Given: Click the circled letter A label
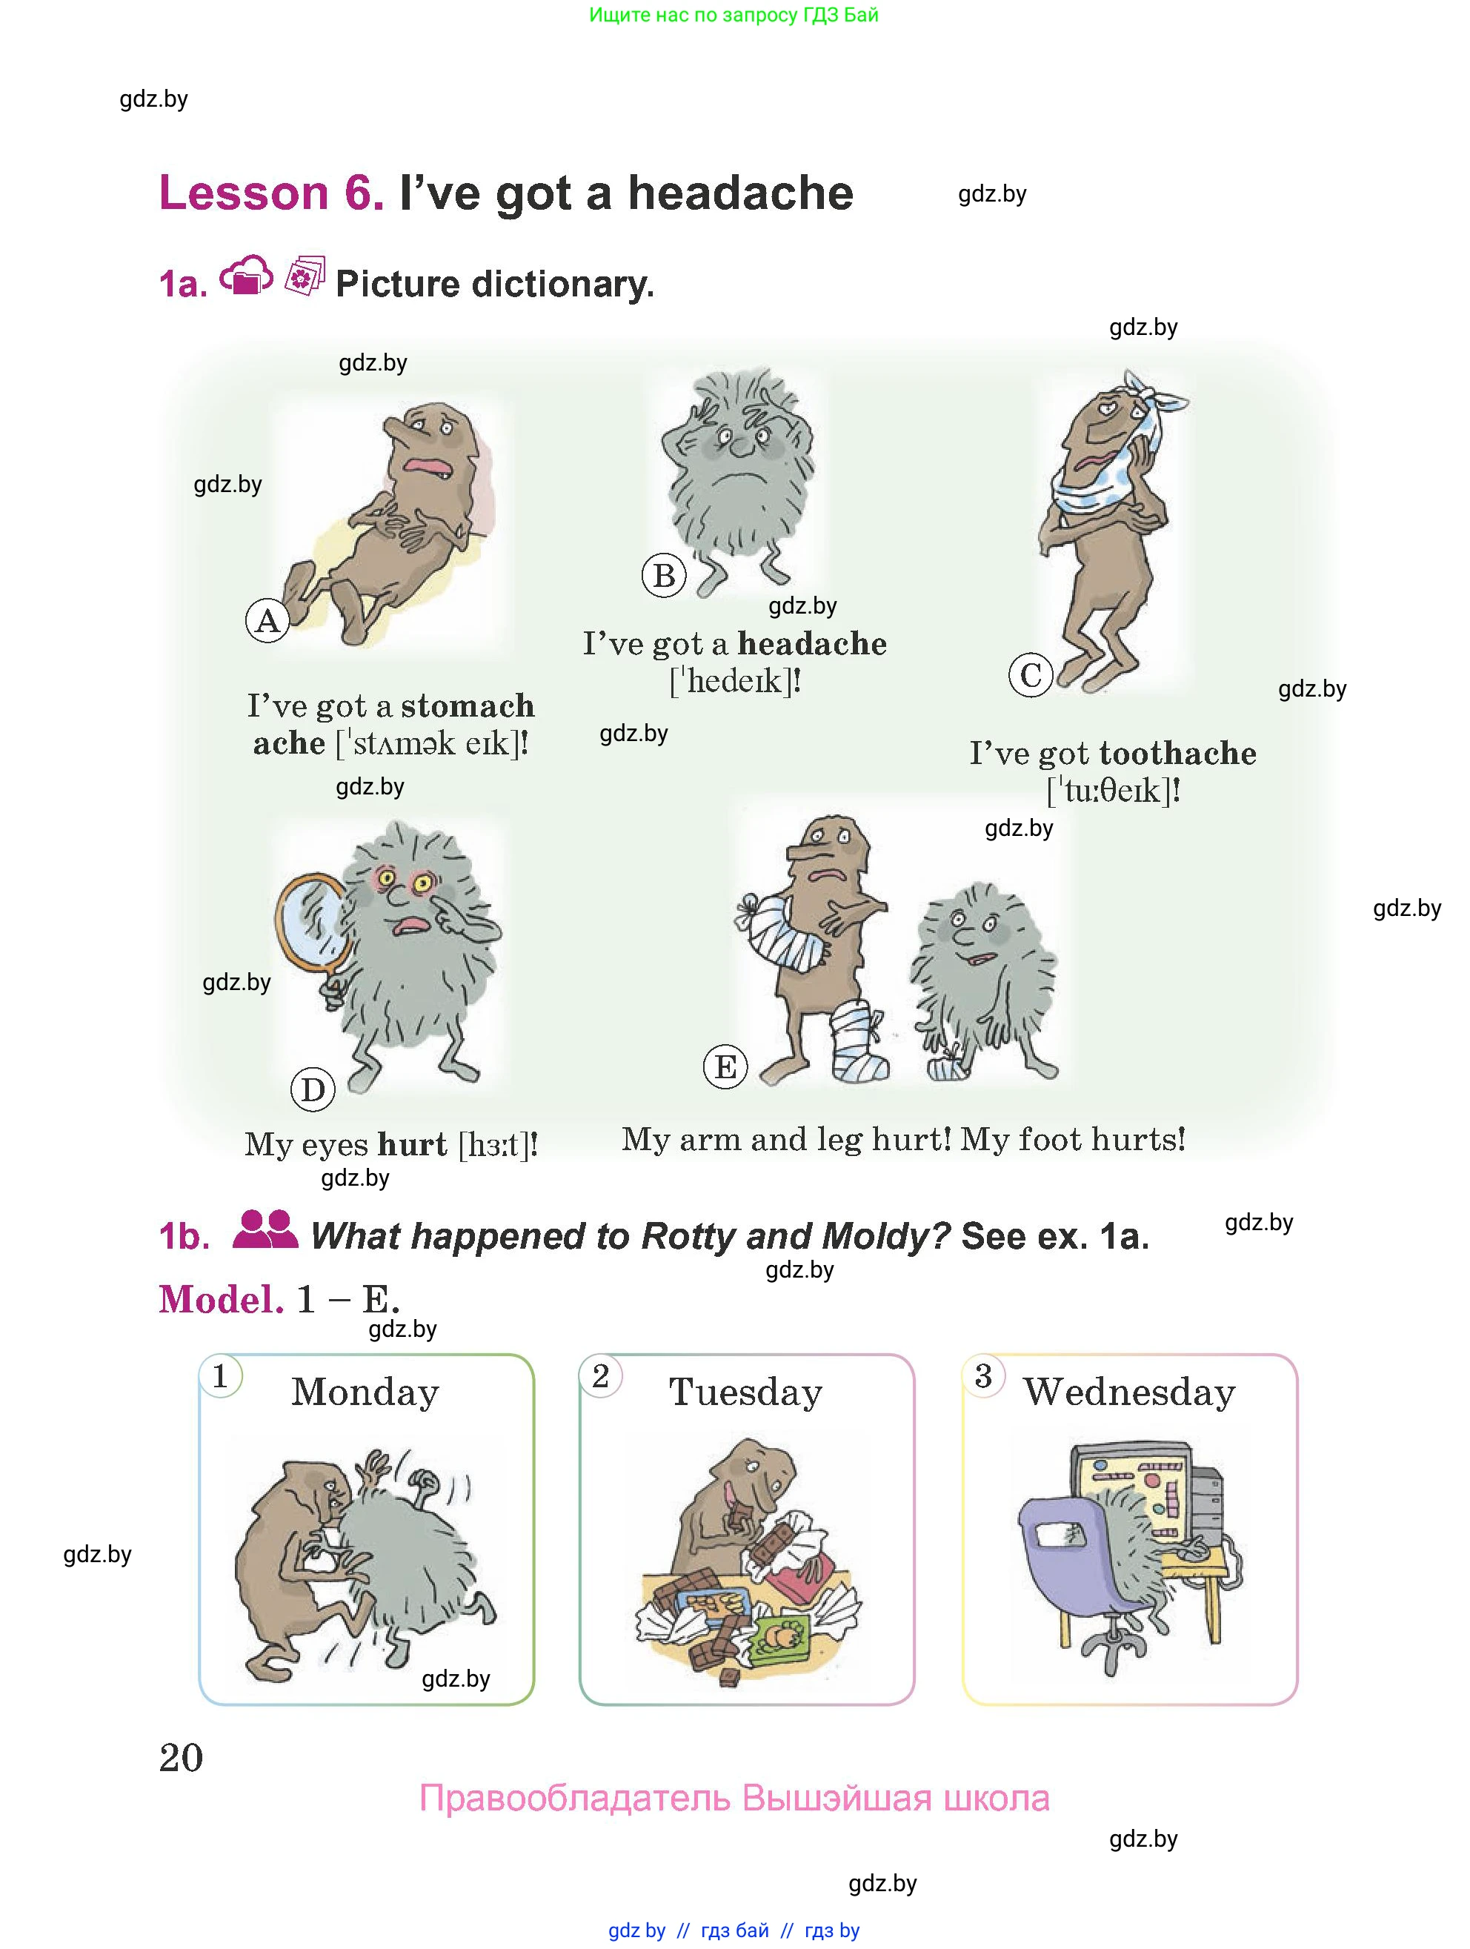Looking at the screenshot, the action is tap(267, 621).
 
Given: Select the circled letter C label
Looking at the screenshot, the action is tap(1031, 675).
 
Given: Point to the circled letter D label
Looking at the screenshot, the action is tap(313, 1090).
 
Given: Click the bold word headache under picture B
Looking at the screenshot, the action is tap(812, 644).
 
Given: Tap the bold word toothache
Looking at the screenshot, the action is tap(1179, 754).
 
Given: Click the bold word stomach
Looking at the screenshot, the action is tap(468, 705).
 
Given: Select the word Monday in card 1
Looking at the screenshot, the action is tap(365, 1393).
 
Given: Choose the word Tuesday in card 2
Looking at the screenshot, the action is tap(746, 1393).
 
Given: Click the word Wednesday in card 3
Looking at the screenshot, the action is tap(1129, 1393).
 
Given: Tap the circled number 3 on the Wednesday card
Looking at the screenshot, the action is tap(984, 1375).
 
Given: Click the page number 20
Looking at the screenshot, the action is tap(182, 1758).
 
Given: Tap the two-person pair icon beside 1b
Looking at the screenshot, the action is tap(265, 1229).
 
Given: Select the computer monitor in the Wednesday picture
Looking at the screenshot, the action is tap(1135, 1498).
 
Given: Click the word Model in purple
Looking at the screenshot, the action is tap(221, 1300).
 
